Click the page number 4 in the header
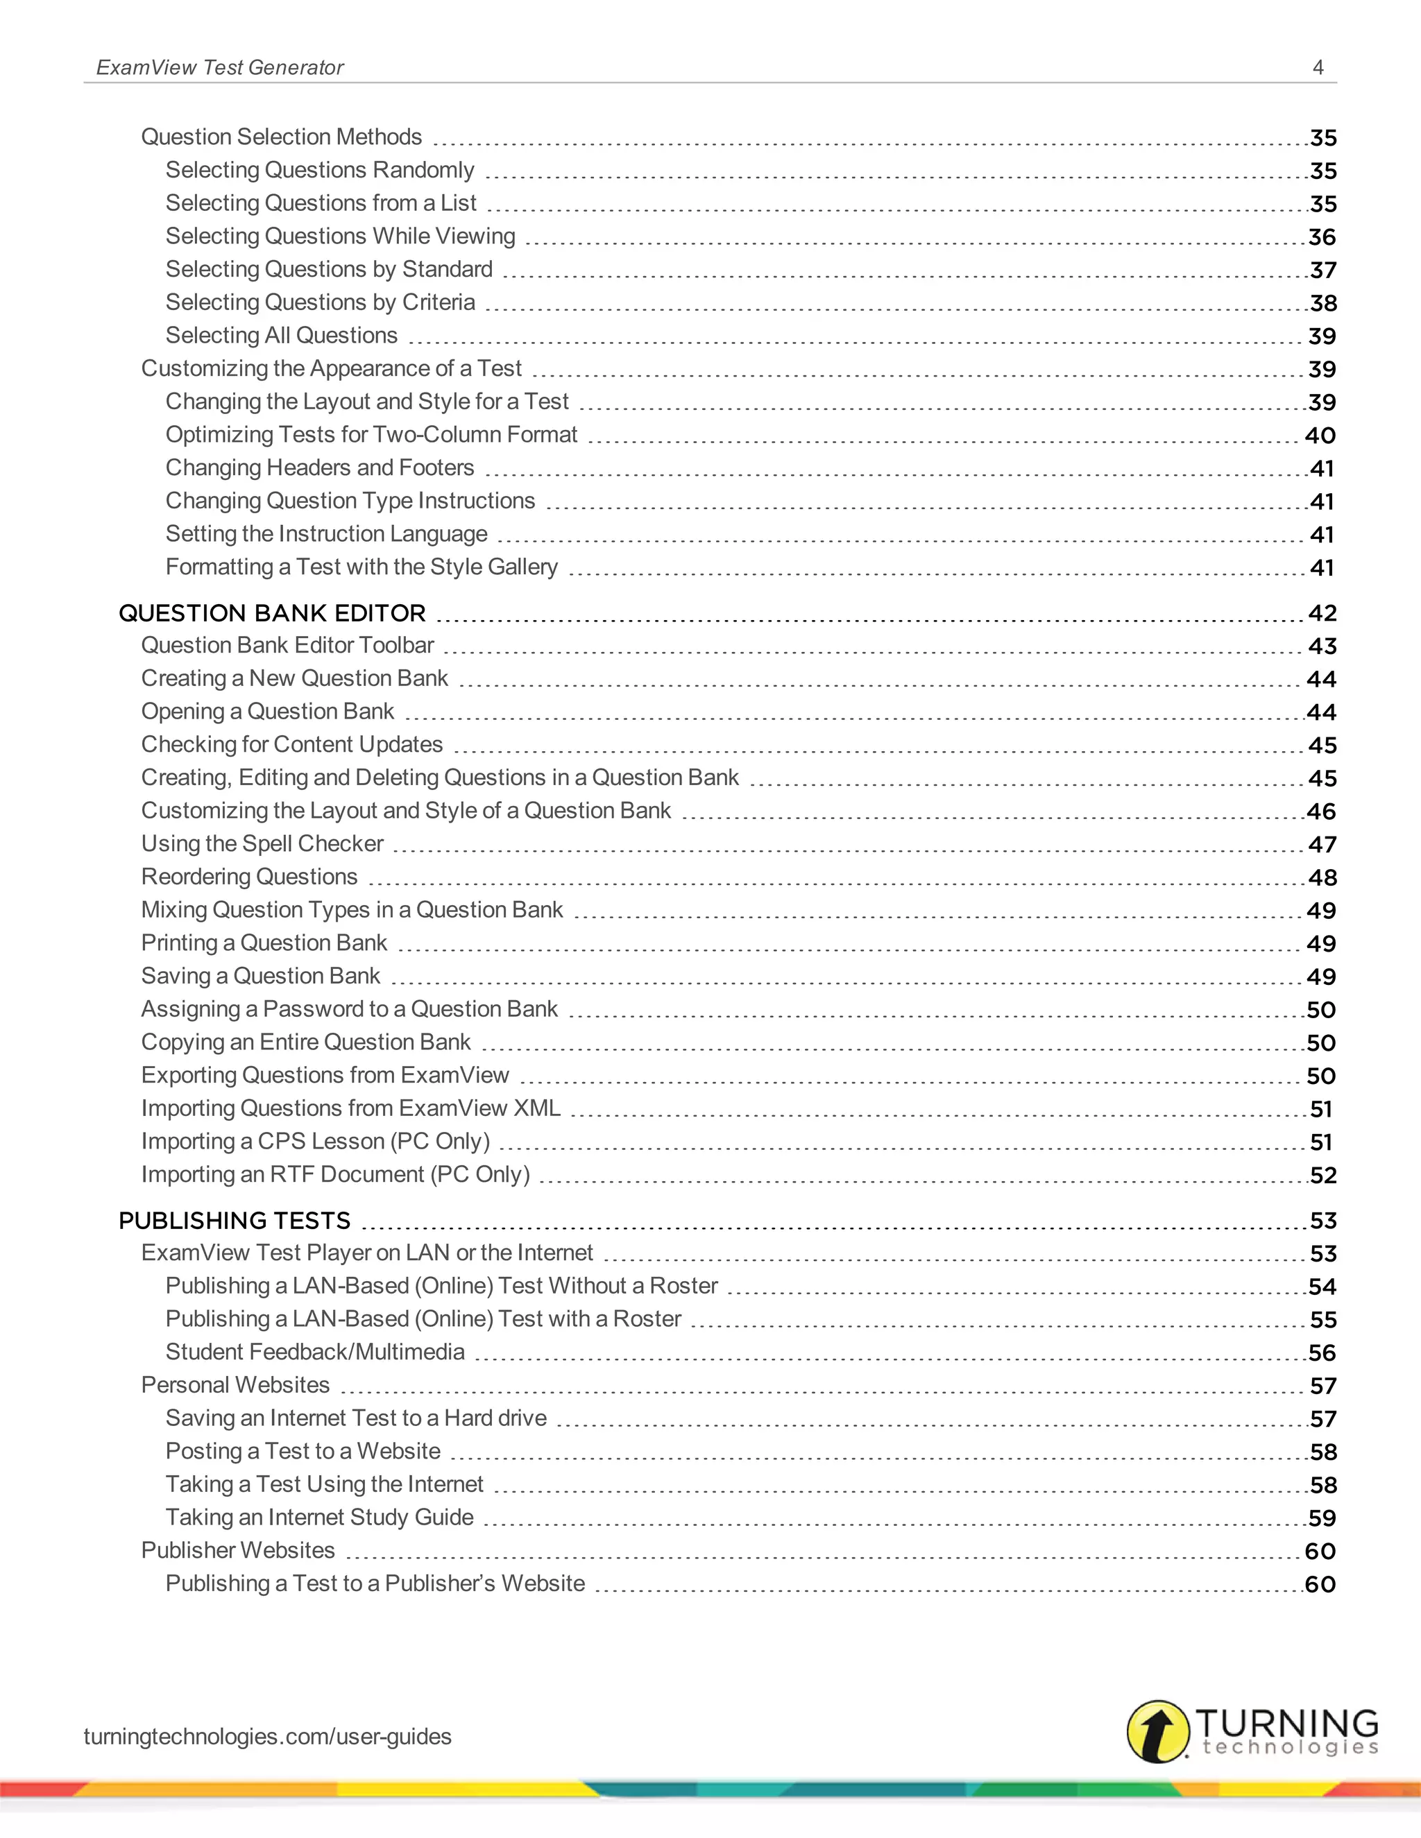[1318, 67]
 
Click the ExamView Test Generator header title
[220, 67]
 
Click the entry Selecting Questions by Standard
[328, 269]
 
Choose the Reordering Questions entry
[249, 877]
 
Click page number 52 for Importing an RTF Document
[1322, 1175]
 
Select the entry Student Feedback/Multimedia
[315, 1352]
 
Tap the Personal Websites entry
[235, 1385]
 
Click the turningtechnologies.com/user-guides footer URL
[267, 1736]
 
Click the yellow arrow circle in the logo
[1157, 1731]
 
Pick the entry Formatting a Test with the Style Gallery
[361, 567]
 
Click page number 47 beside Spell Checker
[1322, 844]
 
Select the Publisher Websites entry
[237, 1550]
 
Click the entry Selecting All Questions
[281, 336]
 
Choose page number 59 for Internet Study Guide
[1322, 1518]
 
